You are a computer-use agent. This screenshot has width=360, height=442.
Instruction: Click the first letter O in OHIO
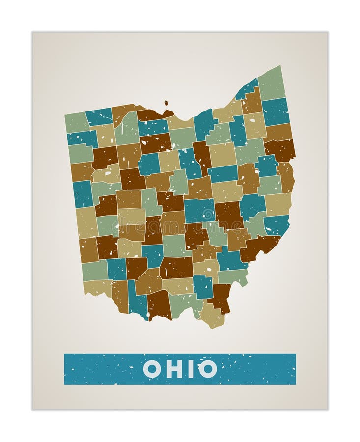pos(151,369)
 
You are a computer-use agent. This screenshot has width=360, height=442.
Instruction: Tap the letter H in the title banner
pos(174,369)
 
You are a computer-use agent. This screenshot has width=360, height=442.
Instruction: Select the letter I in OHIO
pos(192,369)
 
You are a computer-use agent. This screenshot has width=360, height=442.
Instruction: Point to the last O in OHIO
pos(208,369)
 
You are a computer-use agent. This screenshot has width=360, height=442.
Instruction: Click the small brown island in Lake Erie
pos(166,103)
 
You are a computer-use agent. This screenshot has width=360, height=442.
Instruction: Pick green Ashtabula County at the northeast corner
pos(272,83)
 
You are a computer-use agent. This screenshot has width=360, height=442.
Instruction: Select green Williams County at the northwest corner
pos(76,122)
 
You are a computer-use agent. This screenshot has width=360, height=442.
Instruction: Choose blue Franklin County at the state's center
pos(198,210)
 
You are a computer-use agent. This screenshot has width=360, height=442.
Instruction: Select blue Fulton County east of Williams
pos(99,117)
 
